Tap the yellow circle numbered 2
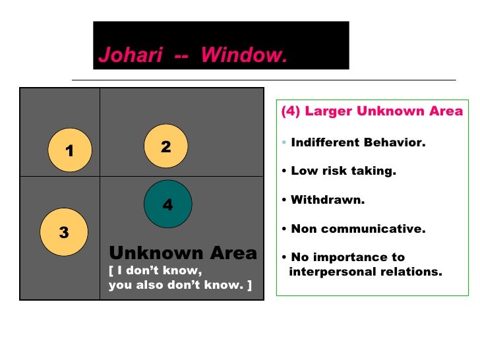[165, 146]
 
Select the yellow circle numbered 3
[63, 231]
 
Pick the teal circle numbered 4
[167, 204]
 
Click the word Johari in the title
[130, 56]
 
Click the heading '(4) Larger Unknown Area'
[372, 111]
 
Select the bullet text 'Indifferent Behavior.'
[358, 142]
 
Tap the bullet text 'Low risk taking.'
[343, 171]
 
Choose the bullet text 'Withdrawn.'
[328, 200]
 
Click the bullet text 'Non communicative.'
[358, 229]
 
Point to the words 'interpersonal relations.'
[366, 271]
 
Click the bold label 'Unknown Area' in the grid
[183, 253]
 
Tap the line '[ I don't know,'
[156, 270]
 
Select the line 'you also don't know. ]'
[180, 286]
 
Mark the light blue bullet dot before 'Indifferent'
[284, 143]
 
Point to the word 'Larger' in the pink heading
[328, 111]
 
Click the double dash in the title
[181, 56]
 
